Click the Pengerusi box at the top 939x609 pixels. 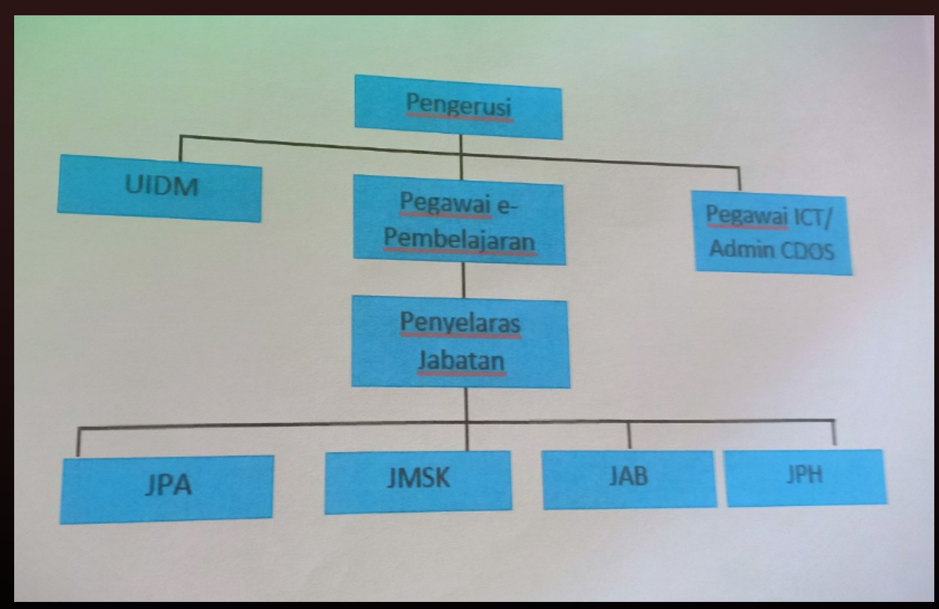click(458, 107)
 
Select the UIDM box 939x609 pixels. click(160, 187)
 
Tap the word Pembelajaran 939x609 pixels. click(459, 240)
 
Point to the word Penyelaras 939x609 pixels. click(460, 323)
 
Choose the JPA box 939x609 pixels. click(167, 488)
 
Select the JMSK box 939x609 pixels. click(418, 480)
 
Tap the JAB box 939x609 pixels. click(629, 478)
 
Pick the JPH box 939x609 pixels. click(805, 476)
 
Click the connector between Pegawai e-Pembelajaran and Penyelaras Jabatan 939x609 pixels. click(464, 280)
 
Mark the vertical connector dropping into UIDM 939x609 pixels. click(180, 148)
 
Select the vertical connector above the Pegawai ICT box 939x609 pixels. click(739, 178)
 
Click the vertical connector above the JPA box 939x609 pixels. click(78, 442)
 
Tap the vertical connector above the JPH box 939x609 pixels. click(834, 433)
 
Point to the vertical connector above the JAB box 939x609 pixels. click(629, 436)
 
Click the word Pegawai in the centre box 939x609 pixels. click(445, 203)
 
